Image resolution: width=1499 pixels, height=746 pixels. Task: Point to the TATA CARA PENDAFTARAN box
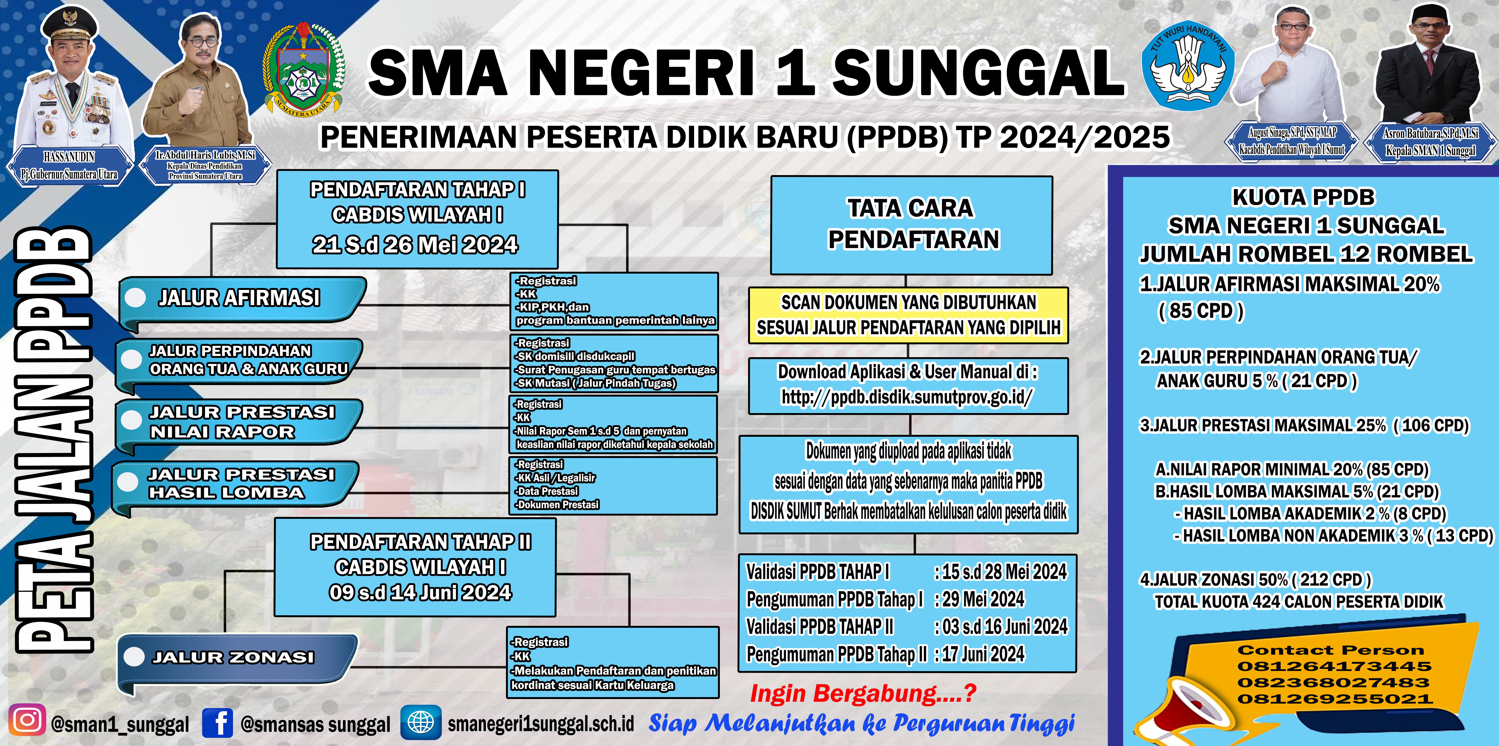tap(911, 225)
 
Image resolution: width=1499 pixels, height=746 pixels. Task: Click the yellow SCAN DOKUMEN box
tap(908, 315)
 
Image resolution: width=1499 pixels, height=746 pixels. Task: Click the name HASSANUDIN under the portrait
tap(69, 157)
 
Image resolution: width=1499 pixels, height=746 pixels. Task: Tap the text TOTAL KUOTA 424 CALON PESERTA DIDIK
tap(1299, 602)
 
